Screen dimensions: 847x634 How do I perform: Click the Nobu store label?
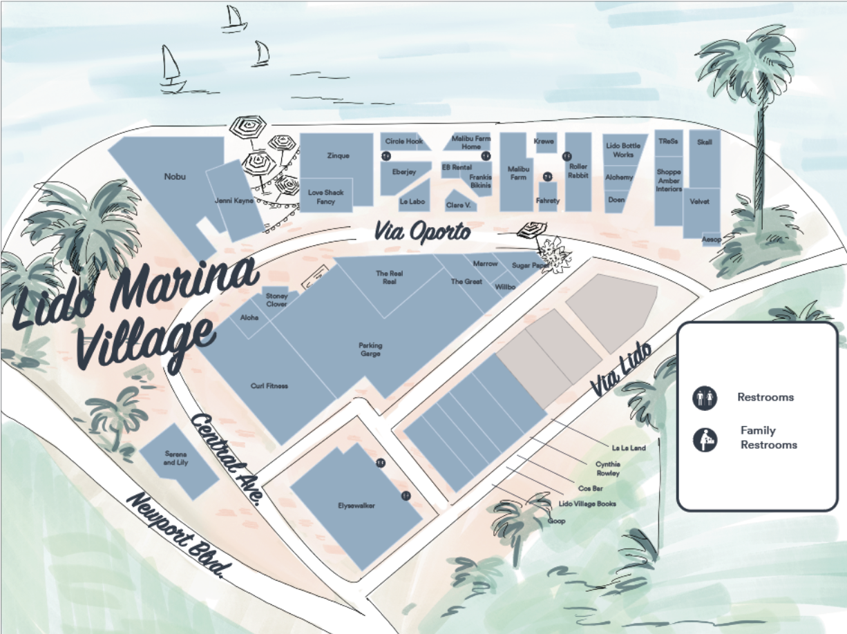point(175,177)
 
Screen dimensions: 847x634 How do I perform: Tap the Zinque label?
point(338,156)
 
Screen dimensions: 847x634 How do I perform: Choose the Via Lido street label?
point(621,370)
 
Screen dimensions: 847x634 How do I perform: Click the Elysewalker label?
point(356,506)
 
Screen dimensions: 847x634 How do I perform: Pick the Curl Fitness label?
point(269,386)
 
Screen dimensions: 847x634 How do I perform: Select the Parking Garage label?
point(370,349)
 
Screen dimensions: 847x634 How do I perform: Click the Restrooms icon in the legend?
point(703,397)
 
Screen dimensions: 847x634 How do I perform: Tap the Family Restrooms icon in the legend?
point(703,439)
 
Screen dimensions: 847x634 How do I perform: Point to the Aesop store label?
point(712,239)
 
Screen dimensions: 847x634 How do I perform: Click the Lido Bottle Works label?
point(622,150)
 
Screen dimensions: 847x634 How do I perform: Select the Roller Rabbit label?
point(578,171)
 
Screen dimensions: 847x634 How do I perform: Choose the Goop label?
point(556,521)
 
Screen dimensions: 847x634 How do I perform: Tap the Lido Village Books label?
point(587,504)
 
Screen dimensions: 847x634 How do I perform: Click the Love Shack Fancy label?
point(325,197)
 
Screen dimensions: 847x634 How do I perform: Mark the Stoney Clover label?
point(276,300)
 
